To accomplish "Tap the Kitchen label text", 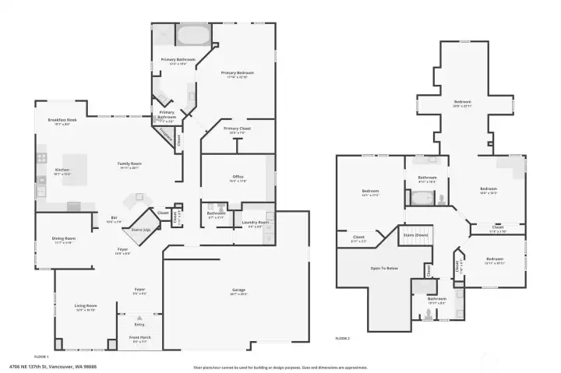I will (x=62, y=170).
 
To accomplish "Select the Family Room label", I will (x=129, y=164).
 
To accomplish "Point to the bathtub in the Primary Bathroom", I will (x=191, y=35).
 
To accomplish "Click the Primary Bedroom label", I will (x=237, y=73).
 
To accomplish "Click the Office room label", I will (x=238, y=177).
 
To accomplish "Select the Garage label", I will (x=238, y=290).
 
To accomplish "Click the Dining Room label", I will (x=64, y=238).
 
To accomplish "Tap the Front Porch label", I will (x=140, y=338).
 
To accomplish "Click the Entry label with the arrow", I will (x=140, y=323).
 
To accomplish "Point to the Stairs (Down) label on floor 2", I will (x=415, y=234).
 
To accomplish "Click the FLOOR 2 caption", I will (x=343, y=339).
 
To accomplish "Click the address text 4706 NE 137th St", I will (x=39, y=366).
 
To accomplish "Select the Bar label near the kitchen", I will (x=114, y=219).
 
